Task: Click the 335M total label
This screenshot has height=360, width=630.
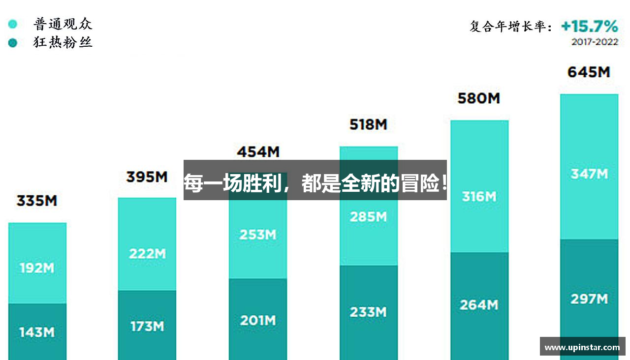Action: pos(37,201)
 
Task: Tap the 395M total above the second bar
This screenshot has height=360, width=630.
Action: pos(147,177)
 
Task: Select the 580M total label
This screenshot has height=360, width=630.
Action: pos(478,98)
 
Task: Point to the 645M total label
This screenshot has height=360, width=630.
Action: pos(589,72)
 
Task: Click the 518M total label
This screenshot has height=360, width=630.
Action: pos(368,125)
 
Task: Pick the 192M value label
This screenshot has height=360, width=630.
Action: pos(37,269)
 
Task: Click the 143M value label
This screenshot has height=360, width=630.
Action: pos(37,332)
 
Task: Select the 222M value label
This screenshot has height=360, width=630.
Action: pos(147,254)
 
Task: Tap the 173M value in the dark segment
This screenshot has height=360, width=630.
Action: pos(147,326)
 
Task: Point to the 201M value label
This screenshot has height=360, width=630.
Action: pos(258,321)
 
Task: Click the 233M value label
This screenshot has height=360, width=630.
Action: pos(368,312)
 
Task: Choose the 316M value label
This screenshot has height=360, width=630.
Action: pos(478,197)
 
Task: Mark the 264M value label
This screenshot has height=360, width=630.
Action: pos(478,305)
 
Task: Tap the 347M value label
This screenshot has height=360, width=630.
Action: pos(589,174)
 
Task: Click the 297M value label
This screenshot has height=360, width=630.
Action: pos(589,299)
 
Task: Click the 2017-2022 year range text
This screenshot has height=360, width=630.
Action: pos(595,42)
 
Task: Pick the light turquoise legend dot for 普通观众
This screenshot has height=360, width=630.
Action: pos(13,24)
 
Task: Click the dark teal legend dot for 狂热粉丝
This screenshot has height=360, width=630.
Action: pos(13,43)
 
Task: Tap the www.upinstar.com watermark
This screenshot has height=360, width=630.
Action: pos(582,347)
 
